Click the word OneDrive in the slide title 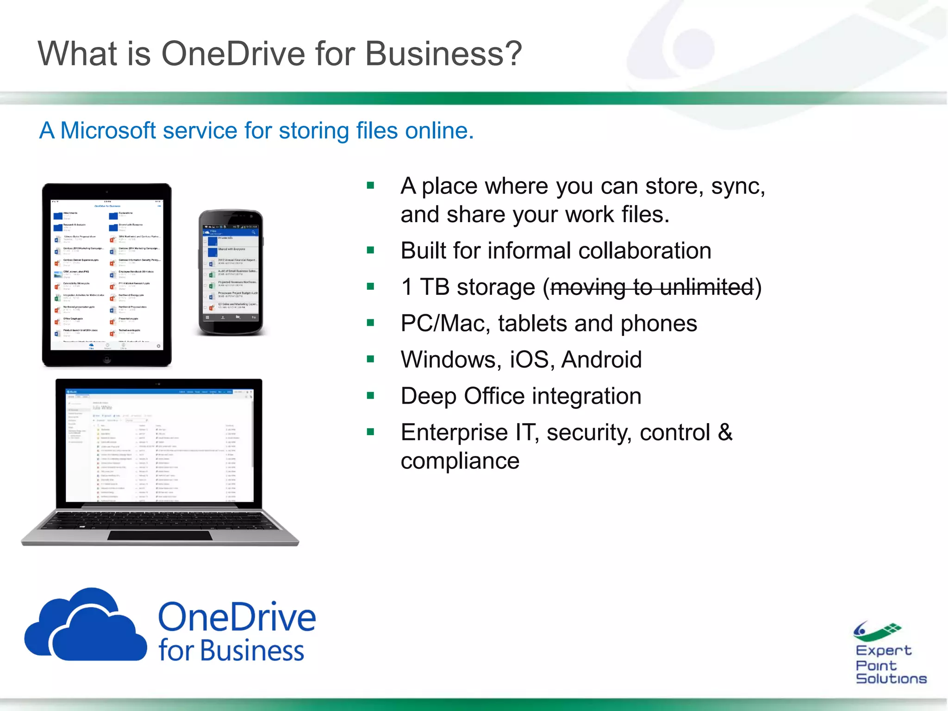[x=233, y=54]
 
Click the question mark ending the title [x=513, y=54]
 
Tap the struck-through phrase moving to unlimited [x=652, y=287]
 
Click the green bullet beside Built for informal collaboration [x=370, y=250]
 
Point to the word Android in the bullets [x=601, y=360]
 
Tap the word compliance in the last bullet [x=460, y=461]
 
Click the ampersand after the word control [x=725, y=432]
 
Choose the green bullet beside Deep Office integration [x=370, y=396]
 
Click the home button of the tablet [x=107, y=359]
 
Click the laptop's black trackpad [x=160, y=536]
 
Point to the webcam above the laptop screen [x=158, y=384]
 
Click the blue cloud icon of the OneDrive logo [x=86, y=627]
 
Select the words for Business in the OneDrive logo [x=231, y=651]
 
